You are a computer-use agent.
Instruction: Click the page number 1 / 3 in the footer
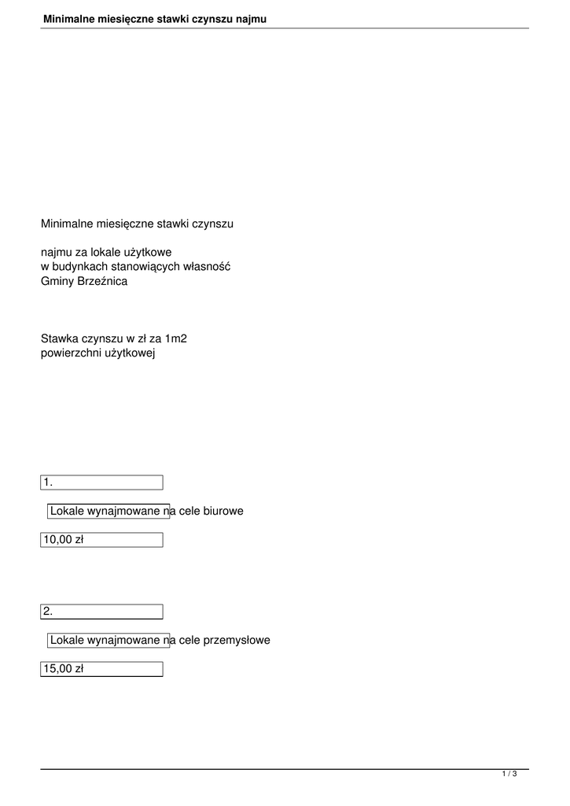click(x=509, y=775)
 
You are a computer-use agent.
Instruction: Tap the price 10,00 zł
click(x=62, y=540)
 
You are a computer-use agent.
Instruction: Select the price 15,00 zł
click(x=62, y=669)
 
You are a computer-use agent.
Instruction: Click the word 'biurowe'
click(x=223, y=512)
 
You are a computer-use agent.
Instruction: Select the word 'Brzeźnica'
click(x=101, y=281)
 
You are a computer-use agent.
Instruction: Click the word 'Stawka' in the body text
click(x=60, y=339)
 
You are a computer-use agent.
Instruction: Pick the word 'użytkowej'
click(x=131, y=353)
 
